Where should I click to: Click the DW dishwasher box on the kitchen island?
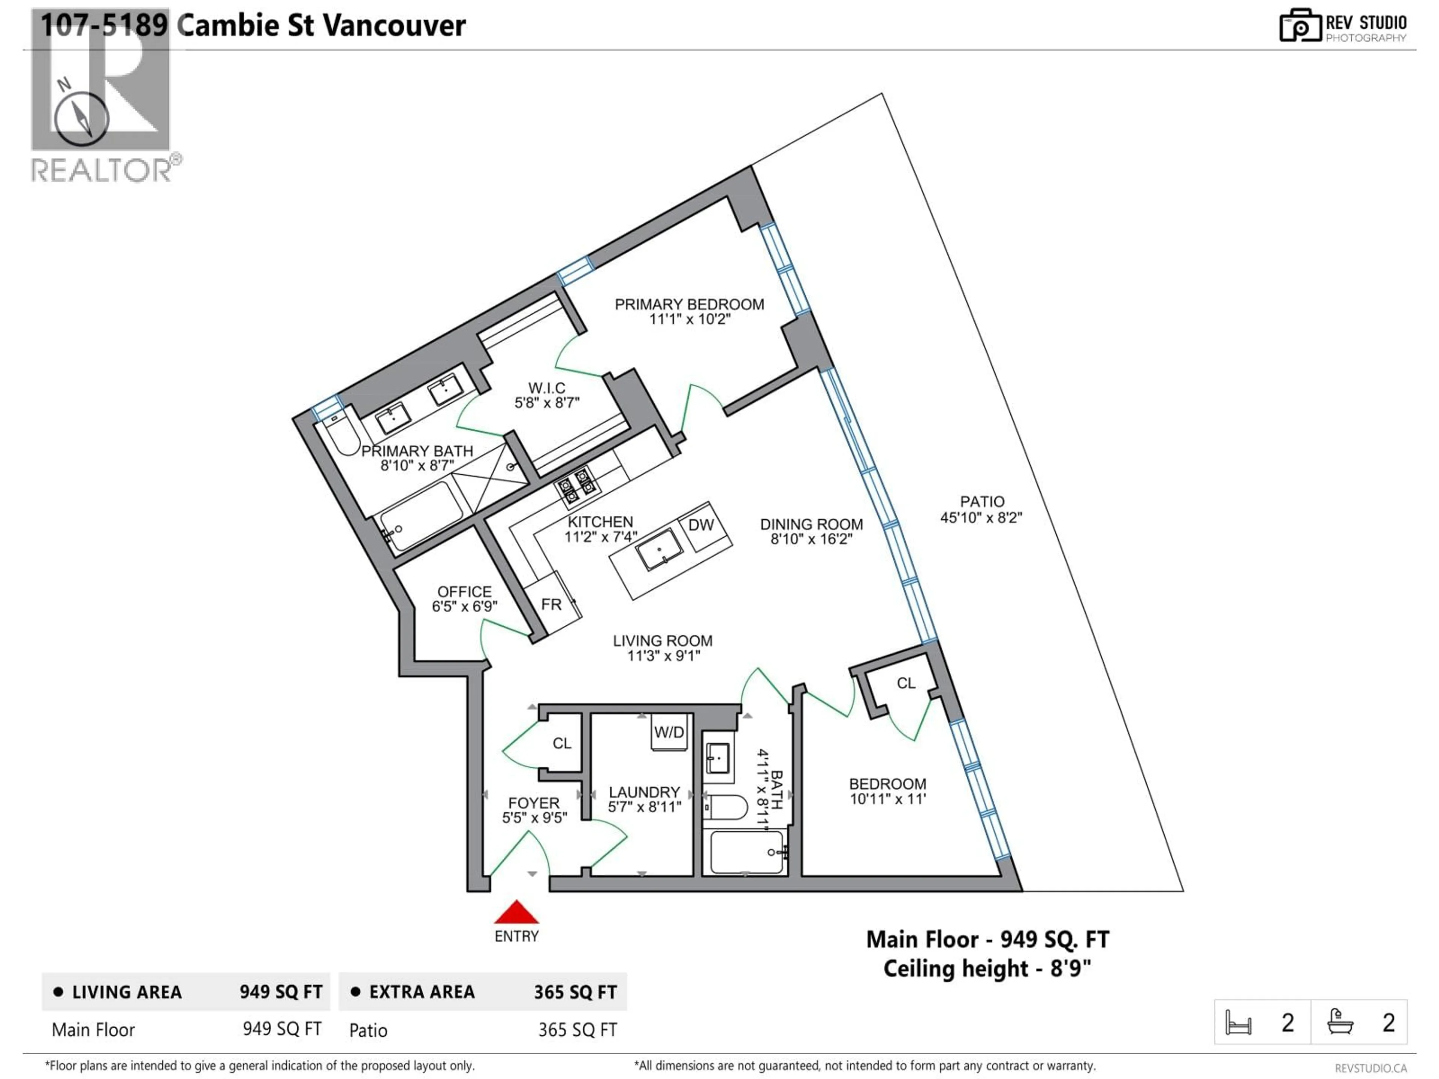pyautogui.click(x=701, y=525)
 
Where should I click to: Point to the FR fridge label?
pyautogui.click(x=551, y=604)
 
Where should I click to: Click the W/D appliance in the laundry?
pyautogui.click(x=669, y=733)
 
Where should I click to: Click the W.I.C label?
pyautogui.click(x=546, y=388)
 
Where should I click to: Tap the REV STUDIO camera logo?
pyautogui.click(x=1300, y=26)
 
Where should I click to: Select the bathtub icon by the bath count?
pyautogui.click(x=1340, y=1022)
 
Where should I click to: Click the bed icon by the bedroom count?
pyautogui.click(x=1238, y=1022)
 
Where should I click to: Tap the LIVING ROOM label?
pyautogui.click(x=662, y=641)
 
